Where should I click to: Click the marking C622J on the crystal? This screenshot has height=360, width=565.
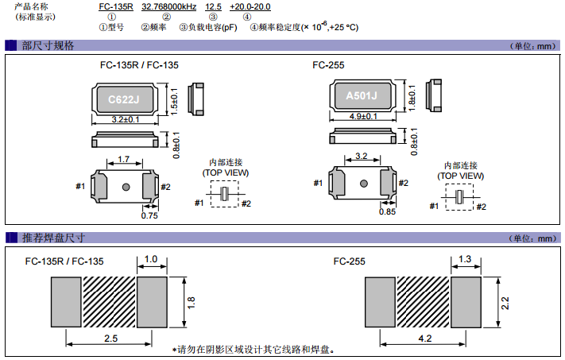click(124, 100)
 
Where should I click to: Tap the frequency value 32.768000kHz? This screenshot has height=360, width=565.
click(169, 6)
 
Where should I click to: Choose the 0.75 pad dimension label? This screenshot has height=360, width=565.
click(149, 215)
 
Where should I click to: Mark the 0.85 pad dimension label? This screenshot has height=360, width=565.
click(388, 211)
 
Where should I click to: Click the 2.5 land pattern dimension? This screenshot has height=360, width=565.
click(110, 339)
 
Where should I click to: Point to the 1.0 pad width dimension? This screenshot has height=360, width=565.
click(151, 259)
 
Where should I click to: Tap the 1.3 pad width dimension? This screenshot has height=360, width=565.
click(466, 259)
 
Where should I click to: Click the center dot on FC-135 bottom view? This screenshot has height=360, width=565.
click(126, 187)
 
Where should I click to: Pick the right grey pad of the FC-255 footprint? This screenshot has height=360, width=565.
click(466, 302)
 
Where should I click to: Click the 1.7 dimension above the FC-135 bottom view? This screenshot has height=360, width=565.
click(125, 160)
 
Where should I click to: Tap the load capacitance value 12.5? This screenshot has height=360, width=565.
click(211, 6)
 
